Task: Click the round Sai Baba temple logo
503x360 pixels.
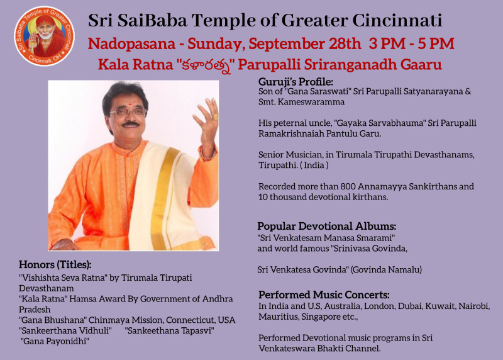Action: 44,36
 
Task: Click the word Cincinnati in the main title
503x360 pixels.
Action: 397,21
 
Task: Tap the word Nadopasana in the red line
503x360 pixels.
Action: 132,43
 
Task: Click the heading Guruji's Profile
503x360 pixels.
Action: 296,82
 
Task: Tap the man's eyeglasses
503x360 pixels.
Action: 128,112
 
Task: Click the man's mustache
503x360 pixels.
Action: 131,124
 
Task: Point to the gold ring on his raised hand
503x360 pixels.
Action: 215,116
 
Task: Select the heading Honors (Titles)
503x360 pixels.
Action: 55,264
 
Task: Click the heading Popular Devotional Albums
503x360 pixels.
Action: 326,226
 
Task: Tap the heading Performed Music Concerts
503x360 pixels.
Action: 324,295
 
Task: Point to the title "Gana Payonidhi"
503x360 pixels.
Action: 55,341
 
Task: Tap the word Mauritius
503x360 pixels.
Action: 277,317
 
